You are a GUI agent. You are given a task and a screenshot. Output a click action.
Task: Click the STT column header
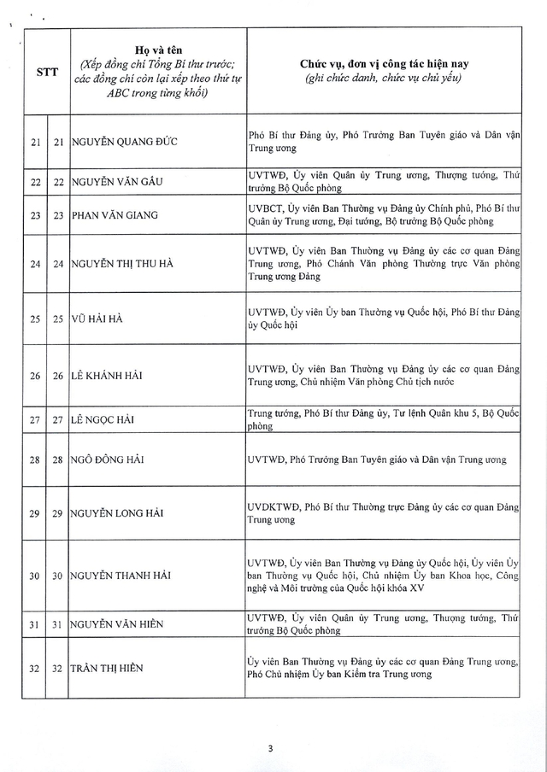coord(47,72)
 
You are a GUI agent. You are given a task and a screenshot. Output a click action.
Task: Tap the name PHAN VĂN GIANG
coord(115,214)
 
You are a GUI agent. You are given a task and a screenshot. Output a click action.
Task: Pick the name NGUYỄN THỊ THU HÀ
coord(122,263)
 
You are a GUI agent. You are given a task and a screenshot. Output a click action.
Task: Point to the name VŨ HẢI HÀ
coord(97,319)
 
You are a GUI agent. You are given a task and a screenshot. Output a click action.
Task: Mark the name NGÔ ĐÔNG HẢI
coord(108,459)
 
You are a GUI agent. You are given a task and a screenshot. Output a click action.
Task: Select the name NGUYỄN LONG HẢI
coord(117,512)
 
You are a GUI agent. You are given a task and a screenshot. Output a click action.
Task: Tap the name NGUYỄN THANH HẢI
coord(121,576)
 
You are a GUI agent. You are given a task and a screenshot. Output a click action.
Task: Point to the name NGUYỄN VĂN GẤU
coord(117,181)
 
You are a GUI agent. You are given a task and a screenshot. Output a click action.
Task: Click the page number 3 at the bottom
coord(270,749)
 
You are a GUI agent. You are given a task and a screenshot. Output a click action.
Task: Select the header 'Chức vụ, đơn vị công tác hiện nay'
coord(383,64)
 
